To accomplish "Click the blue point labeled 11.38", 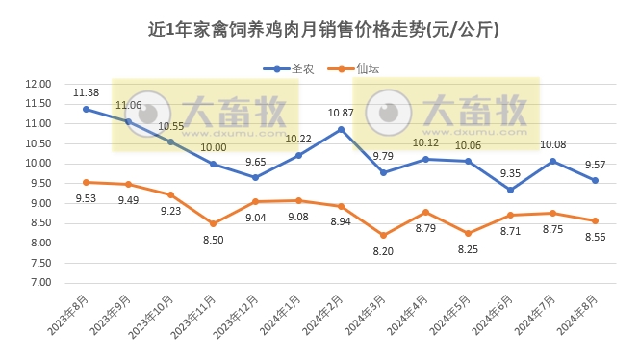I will pos(86,109).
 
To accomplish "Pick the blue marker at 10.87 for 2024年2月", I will pos(341,129).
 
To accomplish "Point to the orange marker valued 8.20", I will pos(383,235).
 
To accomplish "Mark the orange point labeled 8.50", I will pos(213,223).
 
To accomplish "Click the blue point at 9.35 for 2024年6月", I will pos(510,190).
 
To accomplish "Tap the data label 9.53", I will pos(86,199).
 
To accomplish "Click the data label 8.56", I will pos(595,238).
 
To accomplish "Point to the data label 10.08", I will pos(552,144).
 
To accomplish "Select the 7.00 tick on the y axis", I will pos(40,283).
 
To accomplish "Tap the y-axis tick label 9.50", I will pos(40,184).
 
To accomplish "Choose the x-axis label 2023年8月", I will pos(69,314).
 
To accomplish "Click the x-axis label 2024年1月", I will pos(281,314).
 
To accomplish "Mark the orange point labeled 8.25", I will pos(468,233).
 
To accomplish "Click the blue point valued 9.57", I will pos(595,181).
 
